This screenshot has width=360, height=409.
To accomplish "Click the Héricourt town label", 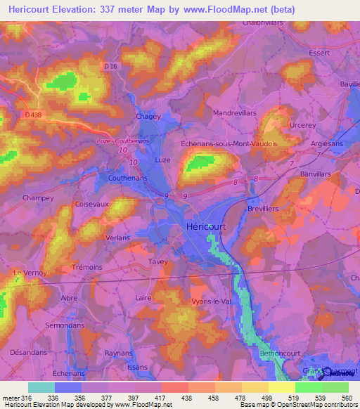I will pos(207,227).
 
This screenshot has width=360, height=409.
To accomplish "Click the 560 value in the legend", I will pos(347,397).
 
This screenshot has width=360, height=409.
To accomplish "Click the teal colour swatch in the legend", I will pos(41,387).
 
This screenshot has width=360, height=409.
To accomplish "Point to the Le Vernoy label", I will pos(30,272).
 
